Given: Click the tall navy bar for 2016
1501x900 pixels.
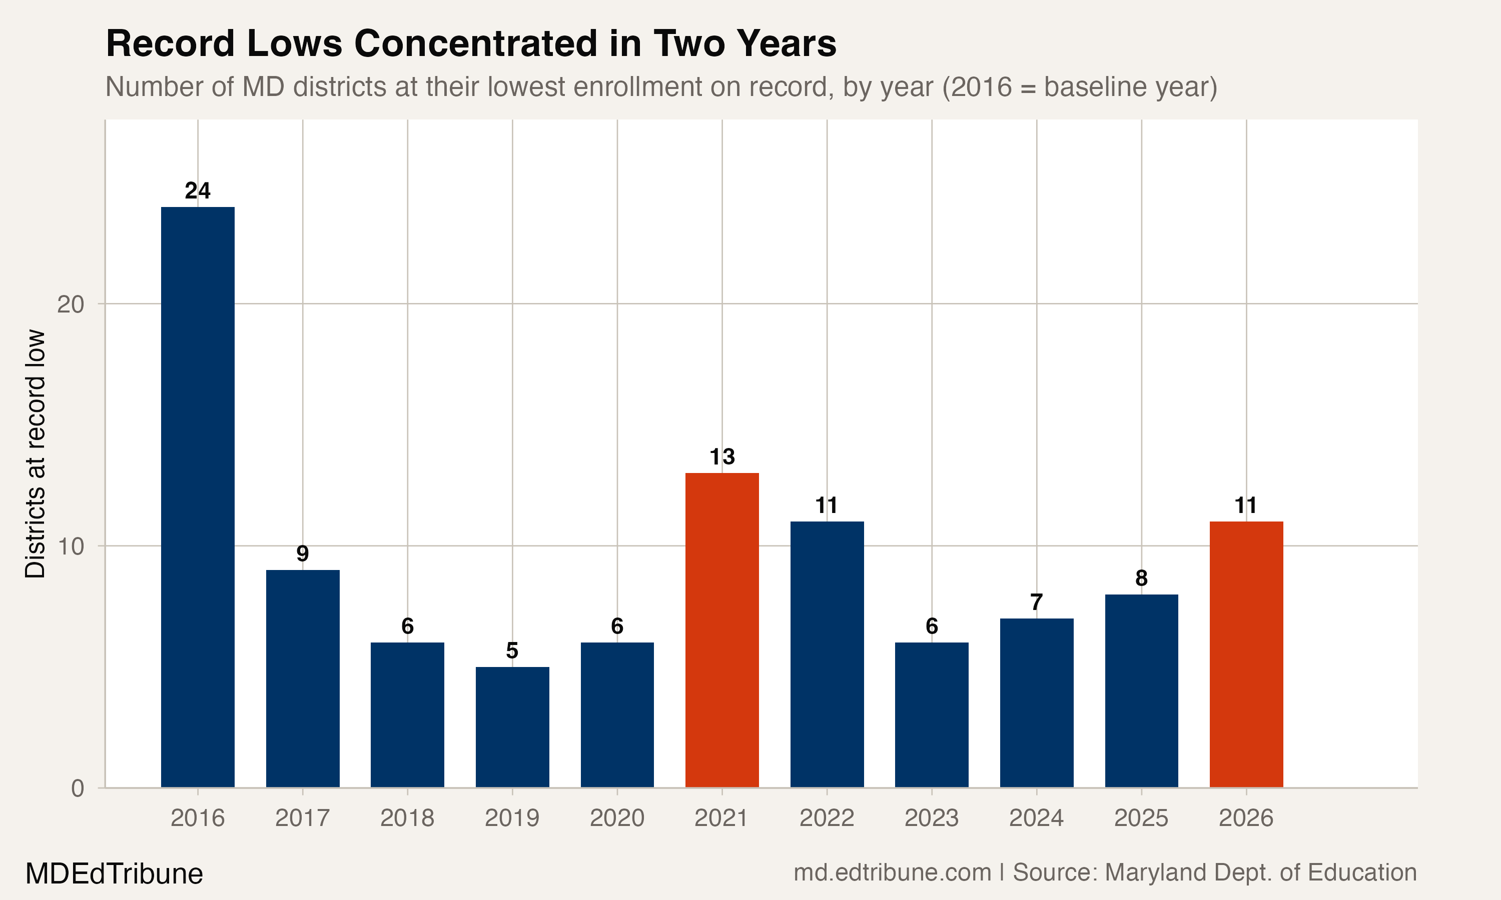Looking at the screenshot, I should [x=198, y=497].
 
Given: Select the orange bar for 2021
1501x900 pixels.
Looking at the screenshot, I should [x=722, y=630].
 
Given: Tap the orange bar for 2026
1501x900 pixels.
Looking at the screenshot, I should [x=1246, y=654].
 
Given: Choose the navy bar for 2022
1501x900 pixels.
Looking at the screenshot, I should [x=827, y=654].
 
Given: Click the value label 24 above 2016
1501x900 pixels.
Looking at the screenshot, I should [x=198, y=191].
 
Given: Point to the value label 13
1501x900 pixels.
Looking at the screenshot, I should [x=722, y=456].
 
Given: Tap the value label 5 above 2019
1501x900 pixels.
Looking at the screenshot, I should [x=512, y=650].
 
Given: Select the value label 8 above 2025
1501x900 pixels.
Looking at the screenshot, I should [x=1141, y=578].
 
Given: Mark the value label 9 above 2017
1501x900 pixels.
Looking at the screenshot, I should [x=302, y=553].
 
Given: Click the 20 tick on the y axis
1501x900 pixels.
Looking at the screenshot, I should [x=71, y=304].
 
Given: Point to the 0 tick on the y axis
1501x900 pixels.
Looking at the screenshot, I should [x=78, y=789].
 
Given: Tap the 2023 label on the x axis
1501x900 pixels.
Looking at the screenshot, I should [x=931, y=818].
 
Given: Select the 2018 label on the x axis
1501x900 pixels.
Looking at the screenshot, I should [x=407, y=818].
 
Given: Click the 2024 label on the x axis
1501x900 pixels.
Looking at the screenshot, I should [x=1036, y=818].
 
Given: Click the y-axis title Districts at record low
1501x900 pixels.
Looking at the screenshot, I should [x=35, y=453].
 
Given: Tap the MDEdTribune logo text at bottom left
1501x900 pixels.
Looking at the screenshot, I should [x=114, y=874].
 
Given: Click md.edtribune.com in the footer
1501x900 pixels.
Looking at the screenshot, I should [x=892, y=872].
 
